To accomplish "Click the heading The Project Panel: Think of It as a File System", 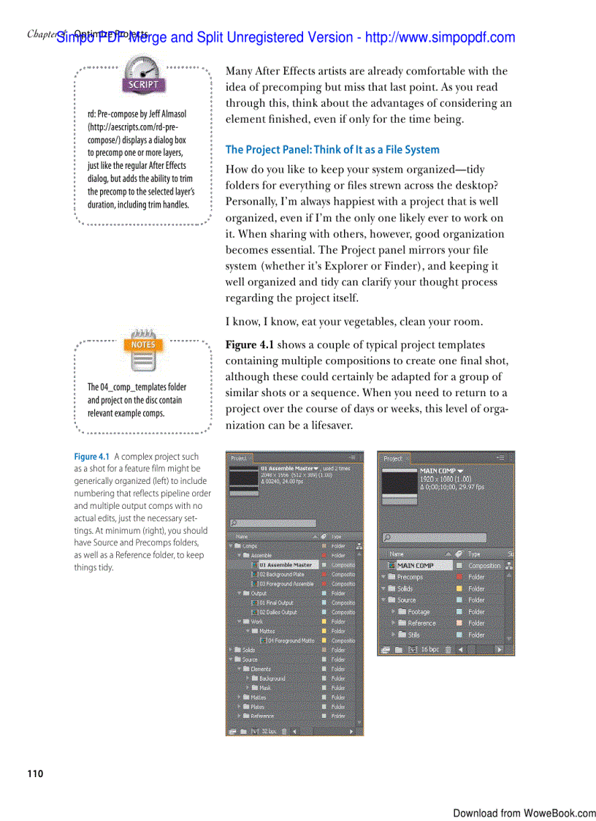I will pos(332,149).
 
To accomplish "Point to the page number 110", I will pos(35,773).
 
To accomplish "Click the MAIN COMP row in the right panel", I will pos(415,565).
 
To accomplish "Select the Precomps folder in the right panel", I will pos(410,577).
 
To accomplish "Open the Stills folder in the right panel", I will pos(413,635).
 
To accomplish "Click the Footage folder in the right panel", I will pos(419,612).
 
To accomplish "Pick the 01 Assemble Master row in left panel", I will pos(285,565).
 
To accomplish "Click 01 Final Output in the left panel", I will pos(275,603).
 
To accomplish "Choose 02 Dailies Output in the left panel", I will pos(277,613).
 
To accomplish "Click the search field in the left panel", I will pos(274,523).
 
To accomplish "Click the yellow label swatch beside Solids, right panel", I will pos(459,589).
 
